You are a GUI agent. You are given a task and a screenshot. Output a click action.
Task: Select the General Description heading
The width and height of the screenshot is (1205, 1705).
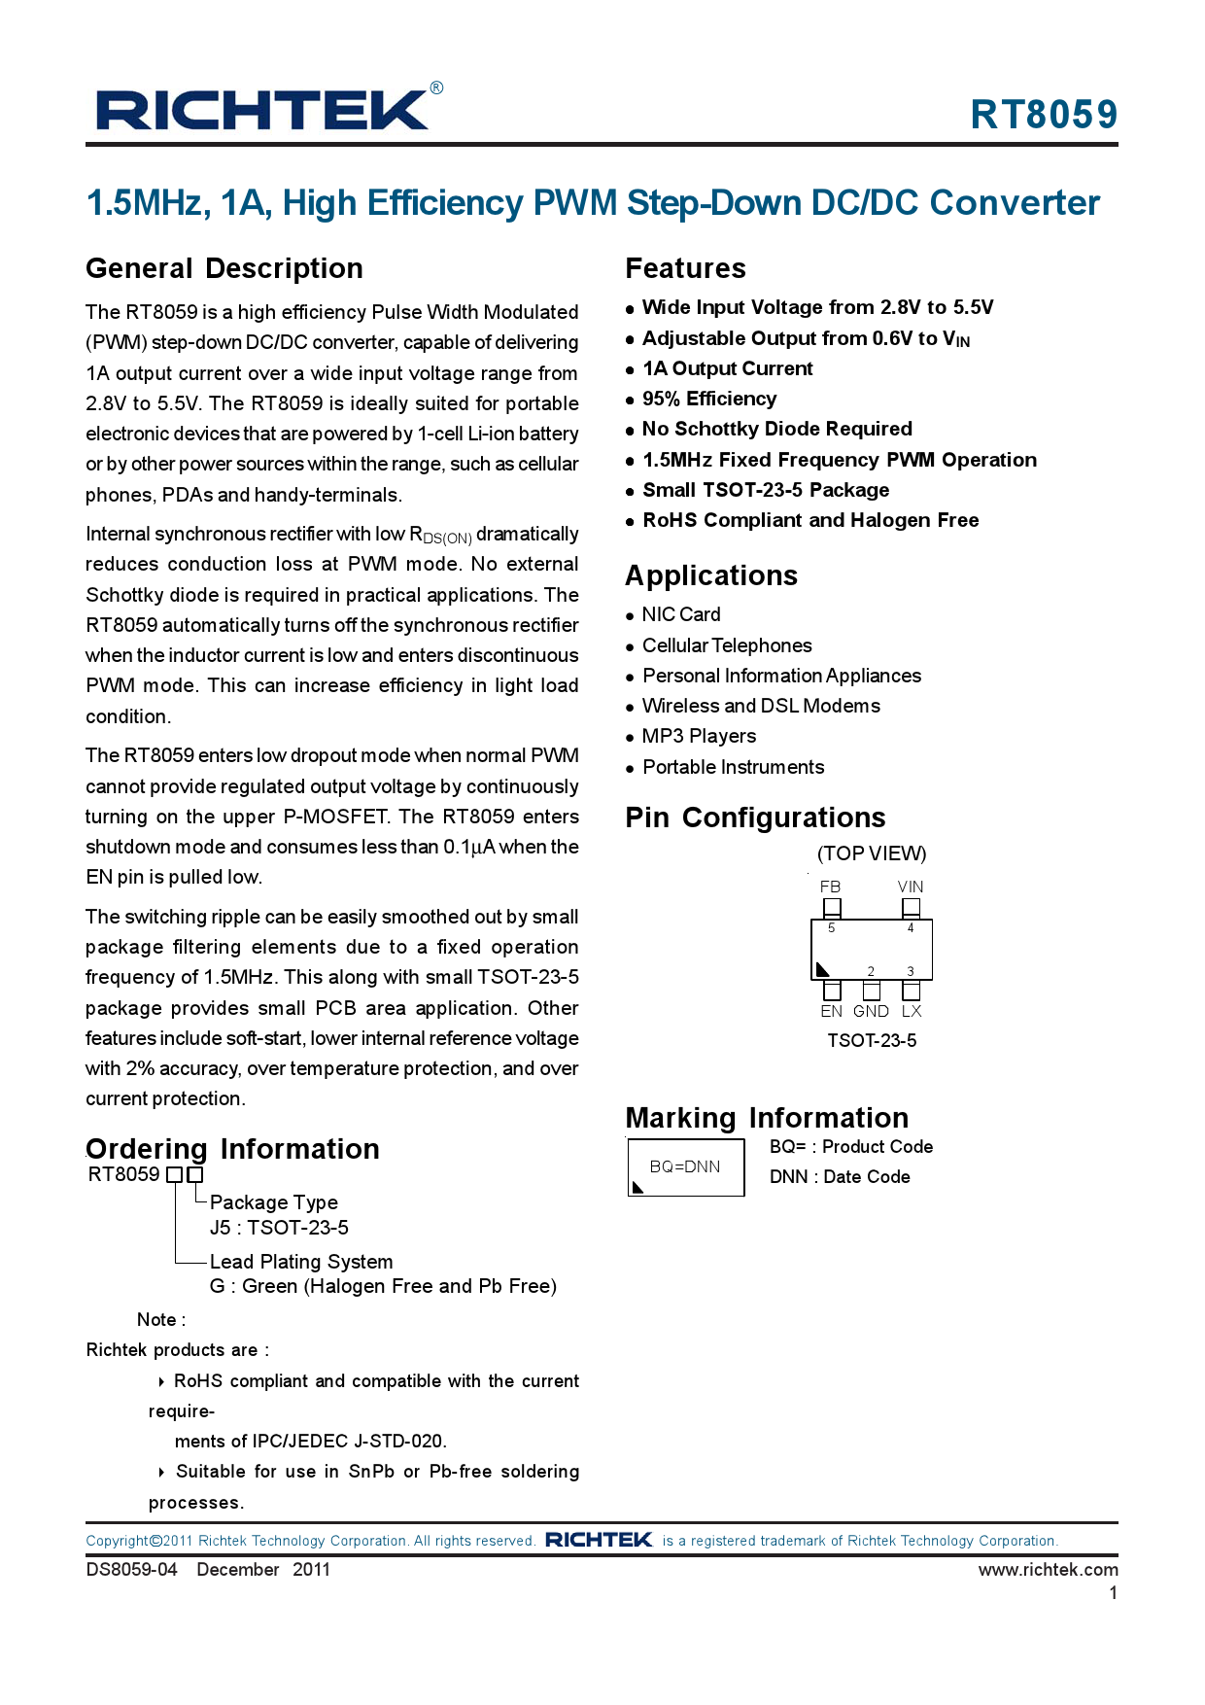(224, 268)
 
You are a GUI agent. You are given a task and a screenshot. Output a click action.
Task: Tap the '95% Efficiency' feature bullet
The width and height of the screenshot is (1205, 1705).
(708, 399)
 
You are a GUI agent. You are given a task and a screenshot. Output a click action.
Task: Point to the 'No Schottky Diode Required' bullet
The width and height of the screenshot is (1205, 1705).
(776, 429)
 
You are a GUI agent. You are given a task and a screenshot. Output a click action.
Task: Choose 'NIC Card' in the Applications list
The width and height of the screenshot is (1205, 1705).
(680, 614)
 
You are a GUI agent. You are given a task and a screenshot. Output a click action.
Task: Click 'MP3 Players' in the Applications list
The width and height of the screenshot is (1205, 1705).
(699, 736)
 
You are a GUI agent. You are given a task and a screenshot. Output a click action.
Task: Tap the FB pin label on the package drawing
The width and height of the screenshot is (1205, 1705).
(830, 887)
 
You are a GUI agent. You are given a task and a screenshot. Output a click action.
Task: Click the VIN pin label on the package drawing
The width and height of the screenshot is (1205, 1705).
(911, 887)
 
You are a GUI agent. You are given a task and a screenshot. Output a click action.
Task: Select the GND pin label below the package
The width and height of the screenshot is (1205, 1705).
(871, 1011)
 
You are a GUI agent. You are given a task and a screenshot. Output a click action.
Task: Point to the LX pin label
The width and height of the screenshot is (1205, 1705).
(912, 1011)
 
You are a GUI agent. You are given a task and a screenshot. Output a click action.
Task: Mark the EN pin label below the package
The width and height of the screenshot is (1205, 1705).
(831, 1011)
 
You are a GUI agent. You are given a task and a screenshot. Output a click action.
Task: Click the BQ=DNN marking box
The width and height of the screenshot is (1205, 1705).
(685, 1166)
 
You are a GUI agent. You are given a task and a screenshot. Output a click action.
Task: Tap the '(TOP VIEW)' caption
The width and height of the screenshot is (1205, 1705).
(871, 853)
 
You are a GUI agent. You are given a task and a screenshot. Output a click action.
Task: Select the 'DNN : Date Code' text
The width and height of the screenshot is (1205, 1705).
(840, 1176)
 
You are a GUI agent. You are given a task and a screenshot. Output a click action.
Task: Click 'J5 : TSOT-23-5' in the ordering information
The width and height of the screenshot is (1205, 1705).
(279, 1228)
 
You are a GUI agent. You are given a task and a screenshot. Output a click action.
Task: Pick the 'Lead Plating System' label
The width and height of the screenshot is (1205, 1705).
(301, 1262)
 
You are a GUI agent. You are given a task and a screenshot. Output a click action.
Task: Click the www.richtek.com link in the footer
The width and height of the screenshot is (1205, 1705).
(1048, 1569)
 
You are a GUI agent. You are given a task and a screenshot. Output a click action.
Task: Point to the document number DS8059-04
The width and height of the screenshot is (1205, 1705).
(132, 1569)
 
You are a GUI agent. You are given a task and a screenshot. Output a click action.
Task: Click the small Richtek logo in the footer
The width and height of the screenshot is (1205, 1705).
(599, 1540)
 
